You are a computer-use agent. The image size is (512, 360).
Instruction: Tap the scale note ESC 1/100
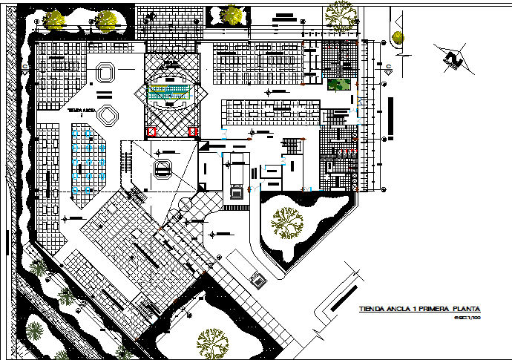(x=467, y=318)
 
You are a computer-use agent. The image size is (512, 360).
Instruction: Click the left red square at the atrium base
(x=151, y=132)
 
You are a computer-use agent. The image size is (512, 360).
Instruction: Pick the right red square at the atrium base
(x=194, y=132)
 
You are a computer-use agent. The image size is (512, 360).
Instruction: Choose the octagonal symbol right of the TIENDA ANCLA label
(x=108, y=114)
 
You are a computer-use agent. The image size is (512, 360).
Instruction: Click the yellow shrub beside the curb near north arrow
(x=398, y=37)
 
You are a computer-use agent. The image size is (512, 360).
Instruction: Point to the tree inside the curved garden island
(x=286, y=220)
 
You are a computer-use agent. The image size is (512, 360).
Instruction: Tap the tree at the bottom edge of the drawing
(x=213, y=343)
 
